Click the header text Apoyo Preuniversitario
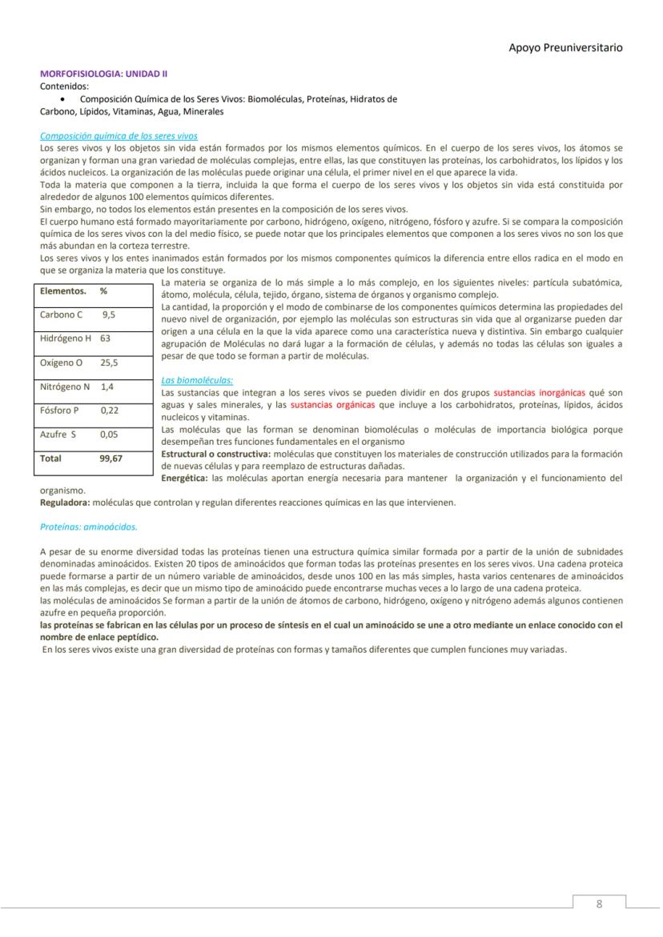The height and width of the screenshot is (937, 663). tap(565, 47)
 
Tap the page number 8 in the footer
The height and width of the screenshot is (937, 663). tap(599, 904)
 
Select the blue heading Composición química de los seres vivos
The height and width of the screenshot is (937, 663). tap(119, 136)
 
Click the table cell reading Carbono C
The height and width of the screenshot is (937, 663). tap(62, 314)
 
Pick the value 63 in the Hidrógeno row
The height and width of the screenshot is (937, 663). tap(105, 338)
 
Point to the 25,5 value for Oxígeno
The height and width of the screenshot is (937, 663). tap(109, 362)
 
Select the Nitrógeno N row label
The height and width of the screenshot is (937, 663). tap(65, 386)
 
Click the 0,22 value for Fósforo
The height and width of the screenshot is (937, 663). tap(110, 410)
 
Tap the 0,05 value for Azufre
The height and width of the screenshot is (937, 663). tap(109, 434)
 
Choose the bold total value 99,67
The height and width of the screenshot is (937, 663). tap(111, 459)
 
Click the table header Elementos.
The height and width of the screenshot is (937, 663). tap(63, 291)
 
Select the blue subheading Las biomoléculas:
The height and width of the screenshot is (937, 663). tap(197, 380)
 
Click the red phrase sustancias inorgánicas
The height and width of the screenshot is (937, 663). tap(539, 393)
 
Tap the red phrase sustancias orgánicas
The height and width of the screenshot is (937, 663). tap(332, 405)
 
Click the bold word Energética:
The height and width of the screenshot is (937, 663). tap(185, 479)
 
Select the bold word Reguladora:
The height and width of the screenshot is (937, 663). tap(65, 503)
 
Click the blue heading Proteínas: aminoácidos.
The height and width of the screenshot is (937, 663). tap(89, 527)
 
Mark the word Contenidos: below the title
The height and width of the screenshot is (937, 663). tap(65, 86)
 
